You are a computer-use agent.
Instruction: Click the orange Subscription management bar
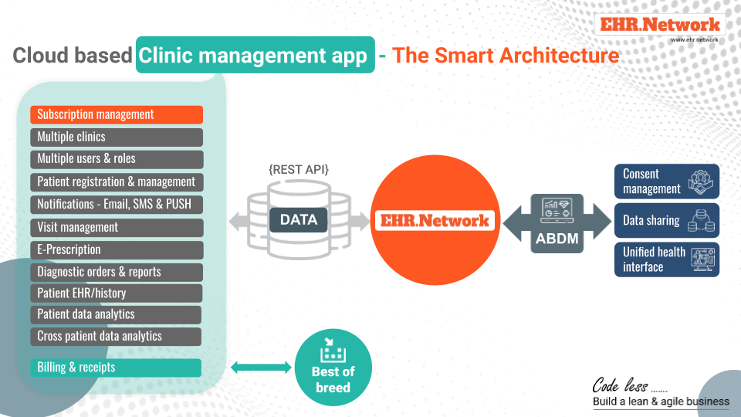tap(117, 114)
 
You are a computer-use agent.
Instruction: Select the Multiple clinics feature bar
tap(117, 137)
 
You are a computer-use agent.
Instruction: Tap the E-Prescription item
tap(117, 249)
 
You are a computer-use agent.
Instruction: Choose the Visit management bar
tap(117, 227)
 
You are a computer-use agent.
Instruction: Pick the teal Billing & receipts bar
tap(116, 368)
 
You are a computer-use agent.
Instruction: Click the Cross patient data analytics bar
tap(116, 336)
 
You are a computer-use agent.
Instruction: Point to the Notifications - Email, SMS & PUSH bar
tap(117, 204)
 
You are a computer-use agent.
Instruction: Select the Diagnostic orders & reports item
tap(117, 272)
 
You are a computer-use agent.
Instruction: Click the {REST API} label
tap(299, 169)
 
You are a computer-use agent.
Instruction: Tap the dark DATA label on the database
tap(299, 220)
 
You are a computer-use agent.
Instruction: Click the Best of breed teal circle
tap(333, 368)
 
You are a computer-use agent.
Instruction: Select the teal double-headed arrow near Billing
tap(262, 367)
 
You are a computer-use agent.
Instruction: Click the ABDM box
tap(557, 223)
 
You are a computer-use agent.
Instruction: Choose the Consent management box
tap(667, 181)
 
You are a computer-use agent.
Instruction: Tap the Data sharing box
tap(667, 220)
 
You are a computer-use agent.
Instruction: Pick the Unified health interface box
tap(667, 259)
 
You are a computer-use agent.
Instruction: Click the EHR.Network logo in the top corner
tap(660, 24)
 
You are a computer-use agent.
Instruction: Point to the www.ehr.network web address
tap(694, 39)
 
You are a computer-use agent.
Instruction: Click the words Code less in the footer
tap(620, 385)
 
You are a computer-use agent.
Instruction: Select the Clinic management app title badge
tap(255, 55)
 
